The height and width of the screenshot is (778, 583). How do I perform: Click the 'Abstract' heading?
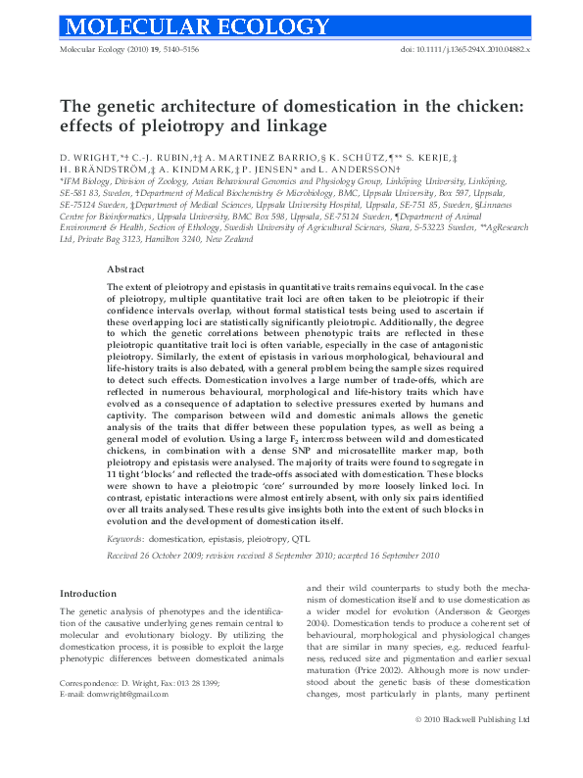point(126,268)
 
